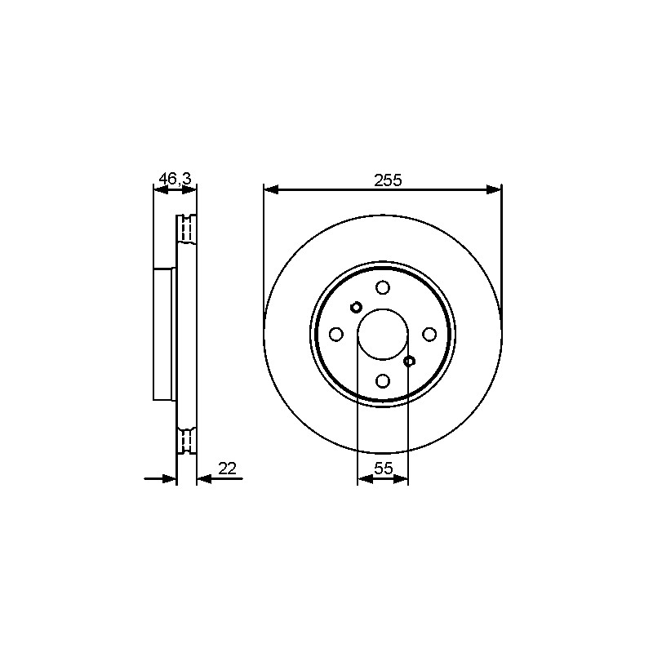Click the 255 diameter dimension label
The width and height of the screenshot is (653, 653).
point(388,180)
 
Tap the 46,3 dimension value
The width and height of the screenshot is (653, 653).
point(175,179)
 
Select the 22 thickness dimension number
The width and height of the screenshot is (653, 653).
point(228,469)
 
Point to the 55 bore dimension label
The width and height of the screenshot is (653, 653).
point(383,469)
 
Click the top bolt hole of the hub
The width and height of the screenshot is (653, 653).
point(382,287)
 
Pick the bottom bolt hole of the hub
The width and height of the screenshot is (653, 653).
point(382,380)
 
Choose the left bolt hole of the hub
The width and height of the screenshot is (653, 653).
point(336,334)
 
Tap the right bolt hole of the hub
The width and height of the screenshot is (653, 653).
point(429,334)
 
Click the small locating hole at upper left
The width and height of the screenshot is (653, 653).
point(356,308)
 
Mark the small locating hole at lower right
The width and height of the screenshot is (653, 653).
point(410,361)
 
